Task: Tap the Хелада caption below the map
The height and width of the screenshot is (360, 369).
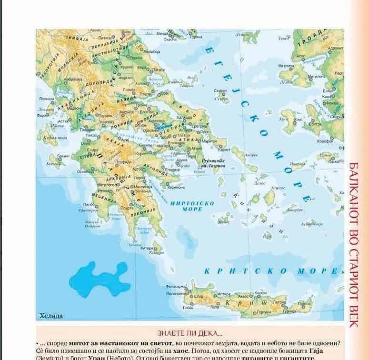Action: point(51,315)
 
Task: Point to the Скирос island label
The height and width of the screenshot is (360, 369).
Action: point(220,90)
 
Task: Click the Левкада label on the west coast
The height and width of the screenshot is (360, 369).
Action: point(47,99)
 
